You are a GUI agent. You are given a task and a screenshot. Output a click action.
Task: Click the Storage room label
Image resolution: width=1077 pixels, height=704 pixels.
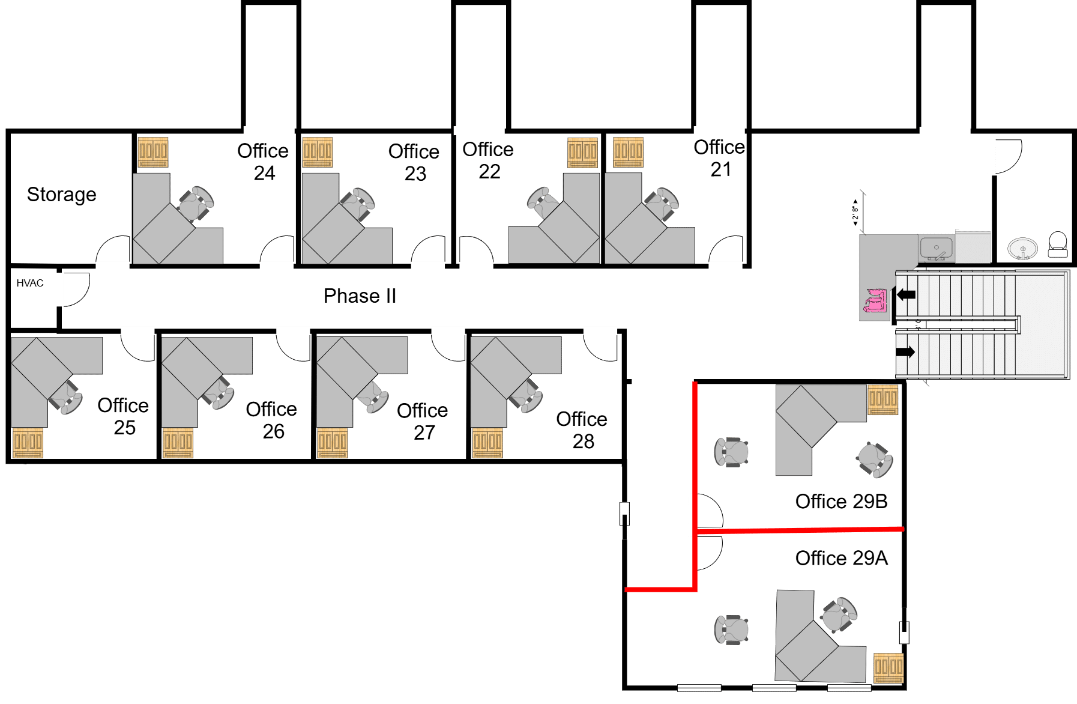61,195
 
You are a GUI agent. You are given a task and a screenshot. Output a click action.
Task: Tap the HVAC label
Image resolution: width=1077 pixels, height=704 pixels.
30,283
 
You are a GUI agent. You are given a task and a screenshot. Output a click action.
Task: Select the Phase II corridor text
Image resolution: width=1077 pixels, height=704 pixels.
360,296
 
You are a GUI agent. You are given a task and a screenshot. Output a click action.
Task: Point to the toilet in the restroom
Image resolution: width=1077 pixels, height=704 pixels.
1057,244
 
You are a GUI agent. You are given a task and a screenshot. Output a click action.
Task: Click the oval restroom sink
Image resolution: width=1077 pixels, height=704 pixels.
1022,248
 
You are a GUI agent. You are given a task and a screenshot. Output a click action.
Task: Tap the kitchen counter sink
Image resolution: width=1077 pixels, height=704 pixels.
936,247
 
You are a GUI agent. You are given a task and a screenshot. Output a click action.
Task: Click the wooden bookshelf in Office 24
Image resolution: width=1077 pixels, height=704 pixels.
153,152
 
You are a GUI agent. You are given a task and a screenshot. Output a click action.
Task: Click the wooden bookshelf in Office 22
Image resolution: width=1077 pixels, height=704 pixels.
583,153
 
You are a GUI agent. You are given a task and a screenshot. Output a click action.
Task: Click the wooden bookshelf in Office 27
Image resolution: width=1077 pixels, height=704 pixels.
333,443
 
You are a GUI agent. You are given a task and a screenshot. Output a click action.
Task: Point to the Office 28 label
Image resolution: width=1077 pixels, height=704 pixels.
582,430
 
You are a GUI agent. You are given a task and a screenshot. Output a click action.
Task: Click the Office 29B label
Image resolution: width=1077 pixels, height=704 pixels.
841,502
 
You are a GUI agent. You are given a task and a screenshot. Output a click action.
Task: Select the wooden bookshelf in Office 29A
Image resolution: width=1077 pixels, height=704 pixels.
888,667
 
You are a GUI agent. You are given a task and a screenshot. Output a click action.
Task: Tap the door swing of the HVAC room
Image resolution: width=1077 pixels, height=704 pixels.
76,290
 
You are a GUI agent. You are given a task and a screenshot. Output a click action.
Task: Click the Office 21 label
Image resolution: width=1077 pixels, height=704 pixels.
719,159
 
